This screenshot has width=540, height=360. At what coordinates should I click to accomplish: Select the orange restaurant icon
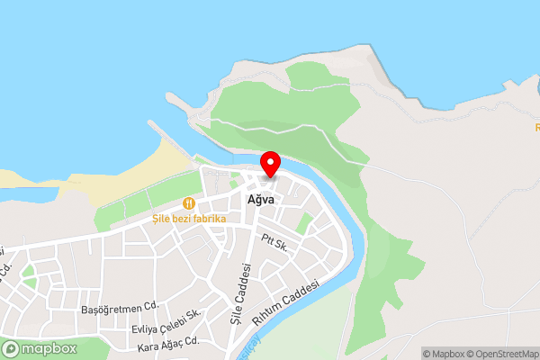pos(189,203)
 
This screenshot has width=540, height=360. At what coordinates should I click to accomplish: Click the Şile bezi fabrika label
pos(189,218)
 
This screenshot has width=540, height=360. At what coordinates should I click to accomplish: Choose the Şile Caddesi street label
pos(239,292)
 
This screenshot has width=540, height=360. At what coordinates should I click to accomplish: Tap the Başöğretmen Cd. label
pos(119,306)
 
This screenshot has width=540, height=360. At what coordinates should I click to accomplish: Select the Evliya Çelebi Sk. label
pos(166,321)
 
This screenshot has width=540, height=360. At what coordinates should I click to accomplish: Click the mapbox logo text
pos(49,348)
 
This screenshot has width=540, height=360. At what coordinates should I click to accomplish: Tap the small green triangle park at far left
pos(29,272)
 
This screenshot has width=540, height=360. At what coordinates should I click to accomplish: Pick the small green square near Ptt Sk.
pos(305,222)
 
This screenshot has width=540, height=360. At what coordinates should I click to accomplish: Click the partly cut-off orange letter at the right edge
pos(536,128)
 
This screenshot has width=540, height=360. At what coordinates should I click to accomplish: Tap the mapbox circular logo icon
pos(12,348)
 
